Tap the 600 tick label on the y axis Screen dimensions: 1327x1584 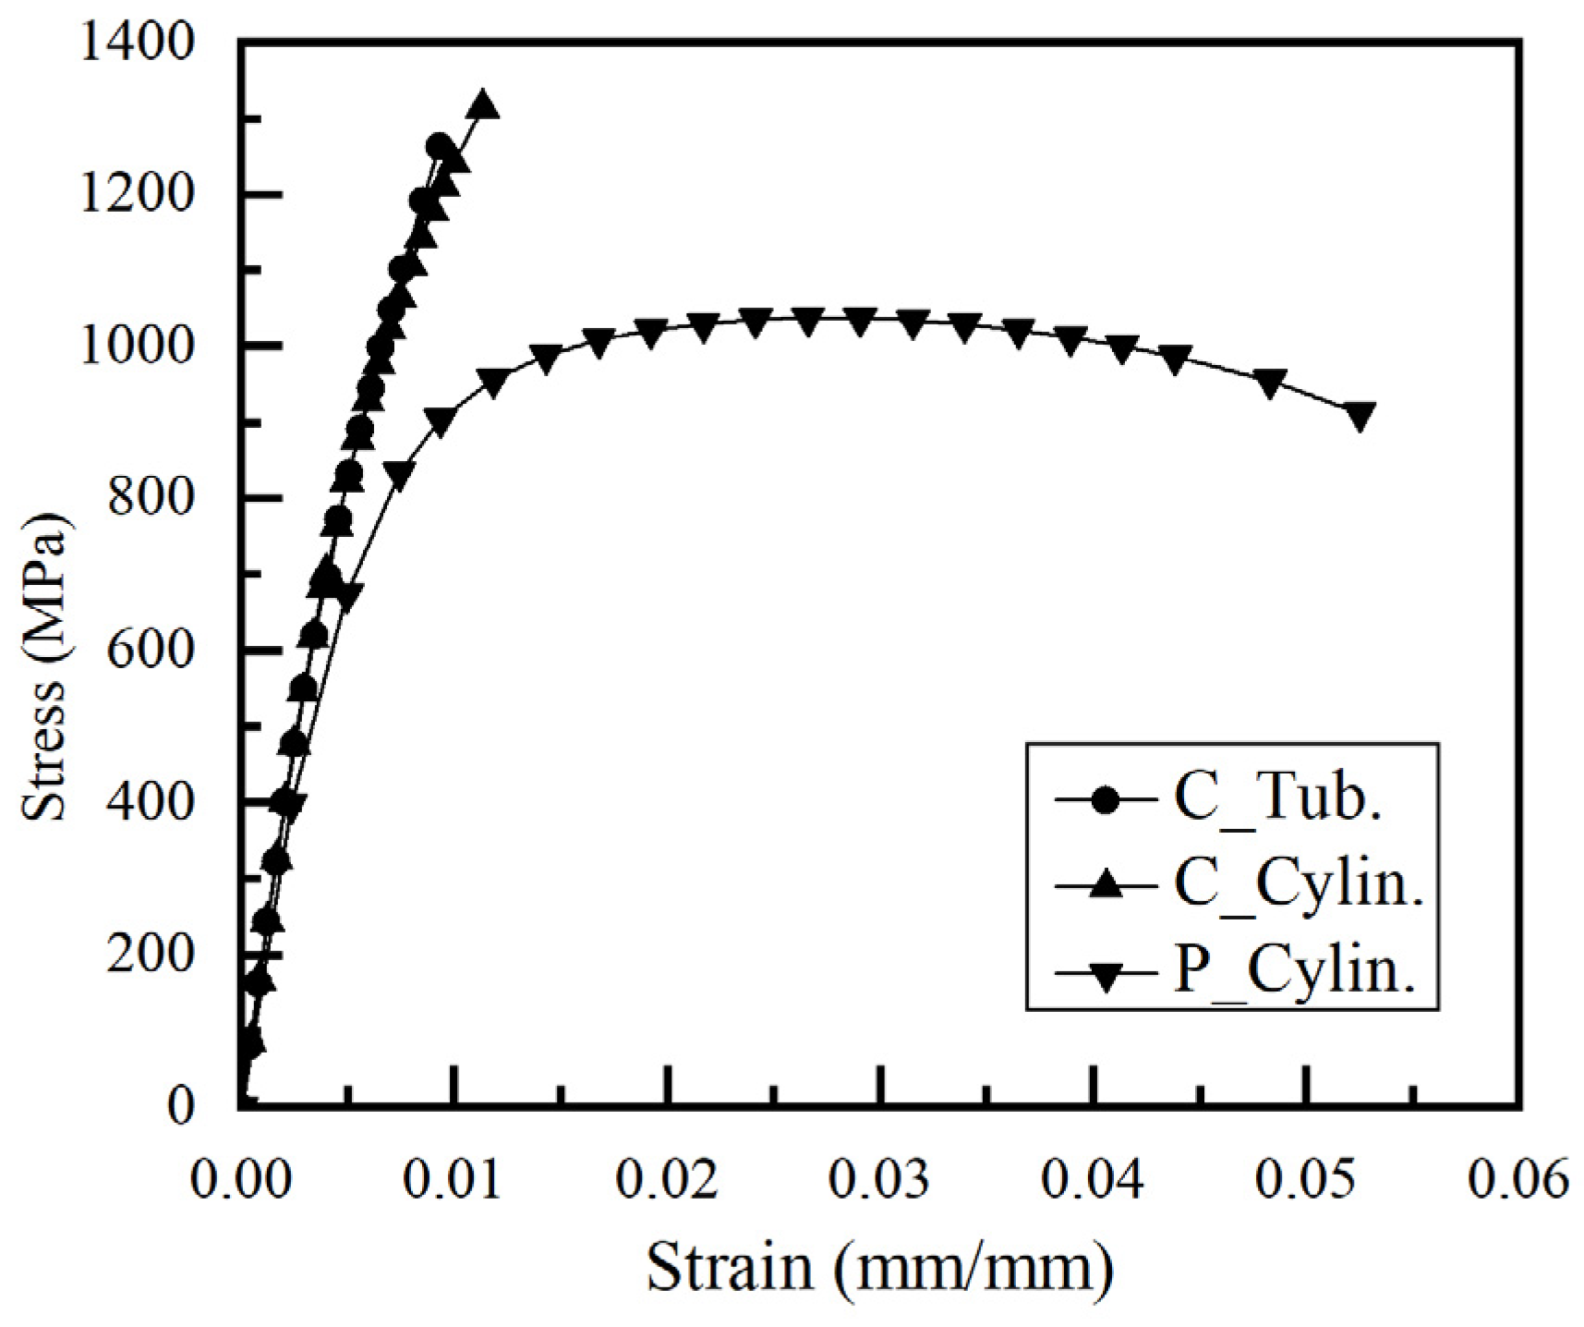coord(152,650)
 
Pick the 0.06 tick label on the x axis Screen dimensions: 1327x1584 coord(1518,1180)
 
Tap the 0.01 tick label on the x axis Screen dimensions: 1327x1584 coord(452,1180)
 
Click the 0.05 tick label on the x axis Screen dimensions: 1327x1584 coord(1306,1180)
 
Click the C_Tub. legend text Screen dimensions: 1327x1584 coord(1278,797)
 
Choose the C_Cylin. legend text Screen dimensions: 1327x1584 coord(1299,883)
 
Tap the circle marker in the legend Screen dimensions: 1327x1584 coord(1105,797)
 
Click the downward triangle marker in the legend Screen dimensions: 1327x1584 coord(1105,973)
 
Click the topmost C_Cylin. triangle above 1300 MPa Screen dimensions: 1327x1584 coord(483,106)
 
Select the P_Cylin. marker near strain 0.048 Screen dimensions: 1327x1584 coord(1271,383)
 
